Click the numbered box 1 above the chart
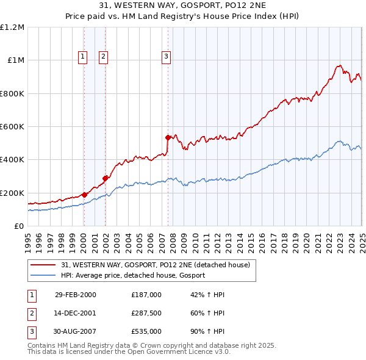(82, 57)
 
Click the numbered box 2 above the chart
(103, 57)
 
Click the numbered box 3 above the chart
(166, 57)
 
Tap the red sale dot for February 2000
(85, 195)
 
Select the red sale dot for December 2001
(106, 178)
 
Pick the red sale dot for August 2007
(168, 137)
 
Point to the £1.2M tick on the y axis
(12, 27)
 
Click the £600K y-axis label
(12, 127)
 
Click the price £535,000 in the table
(146, 331)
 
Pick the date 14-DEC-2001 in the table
(76, 313)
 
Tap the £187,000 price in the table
(146, 295)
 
